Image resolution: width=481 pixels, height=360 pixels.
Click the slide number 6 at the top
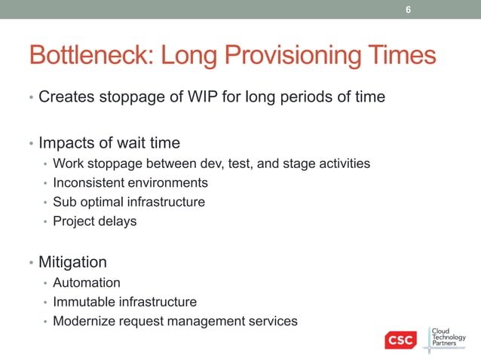409,10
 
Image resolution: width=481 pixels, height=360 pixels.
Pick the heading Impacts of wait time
109,142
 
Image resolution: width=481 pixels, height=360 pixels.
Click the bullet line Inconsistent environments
130,182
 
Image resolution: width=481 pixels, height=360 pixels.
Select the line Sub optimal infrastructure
128,202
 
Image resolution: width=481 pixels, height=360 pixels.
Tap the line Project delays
94,221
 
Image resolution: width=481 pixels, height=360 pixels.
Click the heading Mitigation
72,262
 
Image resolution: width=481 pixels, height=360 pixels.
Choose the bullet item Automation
86,282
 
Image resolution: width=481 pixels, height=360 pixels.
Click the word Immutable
82,302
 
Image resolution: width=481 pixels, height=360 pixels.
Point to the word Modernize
83,322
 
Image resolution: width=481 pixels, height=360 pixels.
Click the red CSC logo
400,340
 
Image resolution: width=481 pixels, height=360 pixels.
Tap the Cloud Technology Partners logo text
448,338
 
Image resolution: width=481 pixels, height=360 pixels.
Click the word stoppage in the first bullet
128,97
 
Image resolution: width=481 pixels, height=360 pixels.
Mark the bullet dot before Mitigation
31,264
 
